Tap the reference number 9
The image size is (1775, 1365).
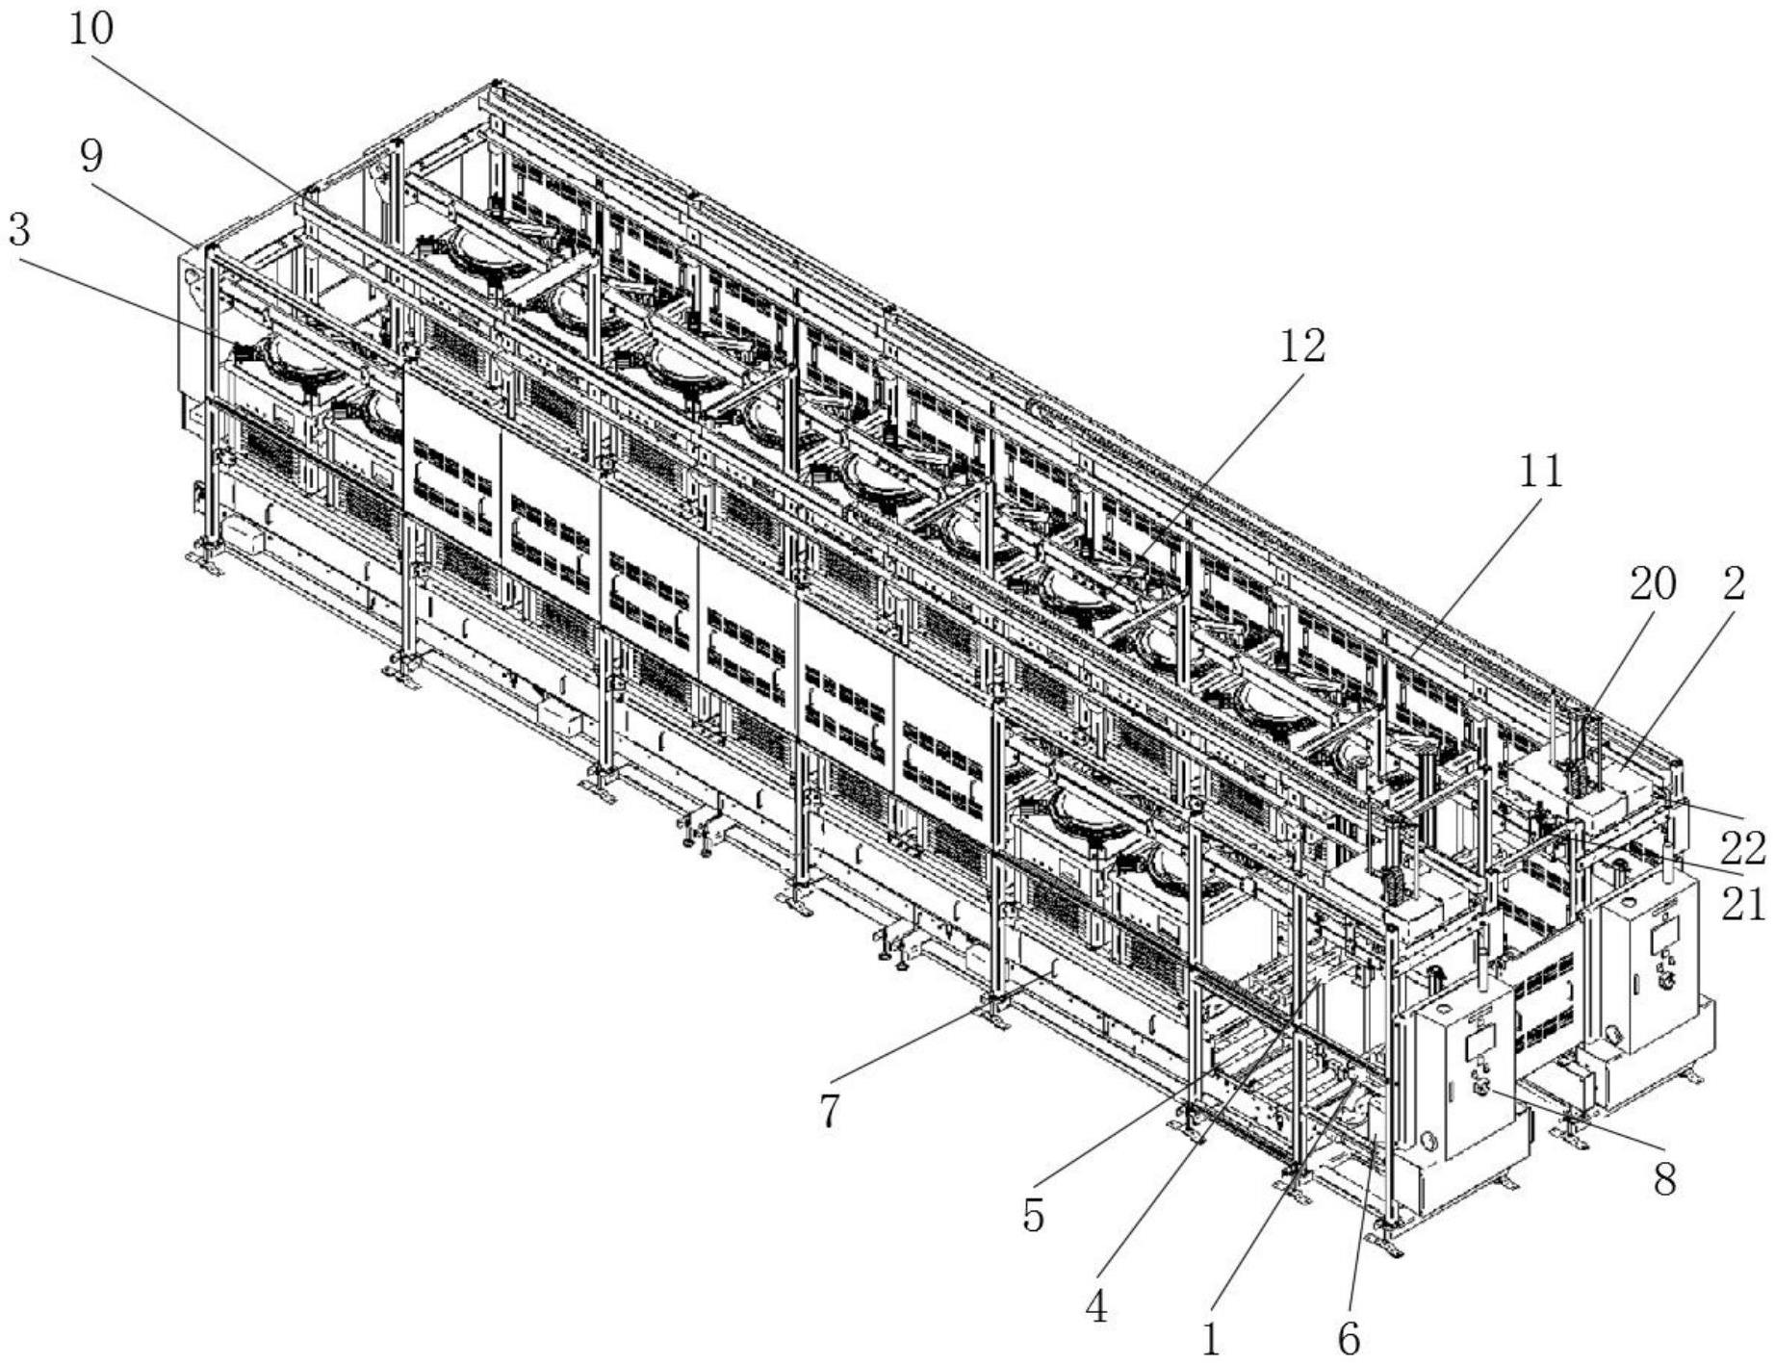coord(92,156)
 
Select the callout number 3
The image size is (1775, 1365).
coord(18,231)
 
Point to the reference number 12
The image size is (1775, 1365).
coord(1301,347)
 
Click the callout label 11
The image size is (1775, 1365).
coord(1540,472)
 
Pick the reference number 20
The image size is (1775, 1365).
coord(1652,583)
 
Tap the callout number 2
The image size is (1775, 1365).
coord(1734,583)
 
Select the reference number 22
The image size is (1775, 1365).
coord(1743,849)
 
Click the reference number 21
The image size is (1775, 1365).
coord(1743,905)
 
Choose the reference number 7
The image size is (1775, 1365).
coord(830,1111)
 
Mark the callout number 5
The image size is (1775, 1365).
coord(1033,1217)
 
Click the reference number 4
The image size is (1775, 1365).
coord(1096,1307)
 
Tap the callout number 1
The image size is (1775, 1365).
coord(1211,1338)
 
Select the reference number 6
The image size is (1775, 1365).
coord(1350,1338)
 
